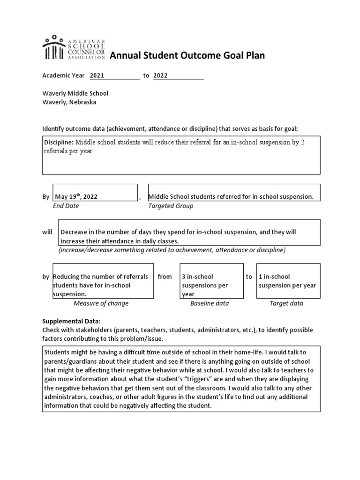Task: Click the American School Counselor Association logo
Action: (x=74, y=48)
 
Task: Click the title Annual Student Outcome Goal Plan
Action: (x=187, y=56)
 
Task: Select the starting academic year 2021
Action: (x=97, y=75)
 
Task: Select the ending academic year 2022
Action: (x=160, y=75)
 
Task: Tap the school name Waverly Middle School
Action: (x=75, y=93)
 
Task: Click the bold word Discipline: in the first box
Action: (x=59, y=142)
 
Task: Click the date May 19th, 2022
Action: (x=76, y=197)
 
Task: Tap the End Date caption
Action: (x=66, y=206)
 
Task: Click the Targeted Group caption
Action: (x=171, y=206)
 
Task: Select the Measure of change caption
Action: (x=101, y=303)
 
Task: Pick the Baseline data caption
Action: (x=209, y=303)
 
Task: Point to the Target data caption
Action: (x=286, y=303)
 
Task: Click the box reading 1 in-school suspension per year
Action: (x=288, y=281)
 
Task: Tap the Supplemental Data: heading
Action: (x=71, y=322)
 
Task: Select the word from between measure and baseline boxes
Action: (x=165, y=277)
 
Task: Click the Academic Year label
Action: (x=64, y=75)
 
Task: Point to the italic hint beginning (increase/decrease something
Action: (x=172, y=250)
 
